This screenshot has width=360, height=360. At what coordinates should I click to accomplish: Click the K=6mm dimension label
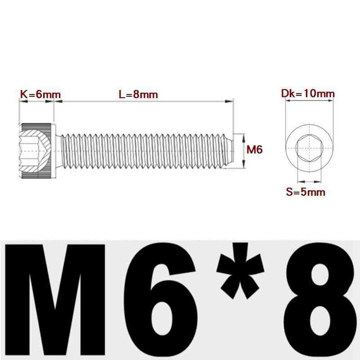click(40, 95)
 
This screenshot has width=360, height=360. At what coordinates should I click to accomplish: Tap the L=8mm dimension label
click(139, 95)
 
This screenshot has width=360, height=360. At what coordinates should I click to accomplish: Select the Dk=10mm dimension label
click(308, 94)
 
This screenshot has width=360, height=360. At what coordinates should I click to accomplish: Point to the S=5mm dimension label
click(306, 192)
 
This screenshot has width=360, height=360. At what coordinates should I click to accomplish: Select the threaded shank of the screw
click(144, 150)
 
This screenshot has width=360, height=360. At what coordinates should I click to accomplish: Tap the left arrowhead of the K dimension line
click(22, 102)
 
